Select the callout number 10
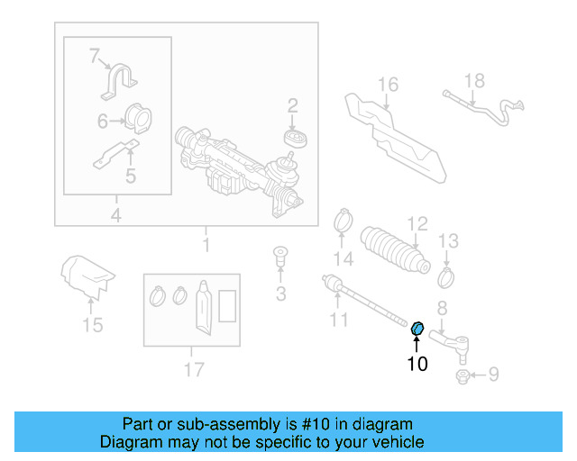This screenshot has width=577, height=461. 417,364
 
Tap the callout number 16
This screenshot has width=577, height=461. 387,86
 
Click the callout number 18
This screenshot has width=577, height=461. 474,80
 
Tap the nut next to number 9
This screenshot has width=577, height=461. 463,375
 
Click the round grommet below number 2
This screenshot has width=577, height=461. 293,139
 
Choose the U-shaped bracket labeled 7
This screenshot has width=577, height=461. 119,84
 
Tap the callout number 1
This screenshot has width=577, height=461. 206,244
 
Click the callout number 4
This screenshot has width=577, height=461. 115,214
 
